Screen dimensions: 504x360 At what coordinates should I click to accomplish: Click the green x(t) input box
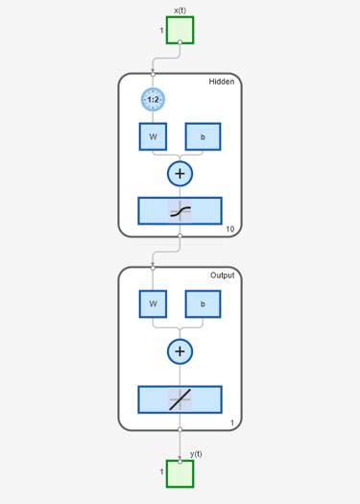point(180,30)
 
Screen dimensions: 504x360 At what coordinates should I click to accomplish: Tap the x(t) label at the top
point(180,10)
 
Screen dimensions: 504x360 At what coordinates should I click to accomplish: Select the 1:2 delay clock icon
point(153,100)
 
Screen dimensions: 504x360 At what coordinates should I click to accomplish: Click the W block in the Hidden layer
point(153,136)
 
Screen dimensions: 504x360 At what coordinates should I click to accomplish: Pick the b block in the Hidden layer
point(203,136)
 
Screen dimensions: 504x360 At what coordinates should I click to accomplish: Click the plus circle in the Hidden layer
point(180,174)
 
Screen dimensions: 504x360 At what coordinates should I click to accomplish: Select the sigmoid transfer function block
point(180,211)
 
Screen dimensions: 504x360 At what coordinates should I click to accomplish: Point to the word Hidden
point(222,83)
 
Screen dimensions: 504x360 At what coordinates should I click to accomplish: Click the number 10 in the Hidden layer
point(229,229)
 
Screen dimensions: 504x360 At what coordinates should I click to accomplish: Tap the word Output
point(223,276)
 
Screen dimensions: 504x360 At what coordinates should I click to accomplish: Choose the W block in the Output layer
point(153,304)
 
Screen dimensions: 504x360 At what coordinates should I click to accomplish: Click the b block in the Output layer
point(203,304)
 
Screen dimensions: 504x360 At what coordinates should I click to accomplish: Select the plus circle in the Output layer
point(180,351)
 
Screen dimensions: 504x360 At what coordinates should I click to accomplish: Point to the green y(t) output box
point(180,473)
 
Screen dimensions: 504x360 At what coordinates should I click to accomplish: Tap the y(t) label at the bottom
point(196,453)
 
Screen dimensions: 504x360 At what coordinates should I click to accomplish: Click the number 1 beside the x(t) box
point(161,31)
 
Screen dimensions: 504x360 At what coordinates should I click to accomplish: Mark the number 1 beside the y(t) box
point(161,472)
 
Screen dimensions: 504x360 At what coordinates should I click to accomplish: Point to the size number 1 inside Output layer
point(231,422)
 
